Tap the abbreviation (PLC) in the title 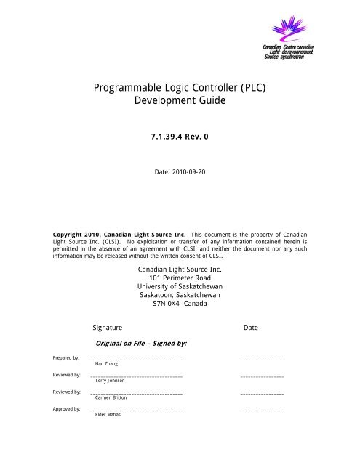[248, 89]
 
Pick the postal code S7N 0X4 [161, 316]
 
